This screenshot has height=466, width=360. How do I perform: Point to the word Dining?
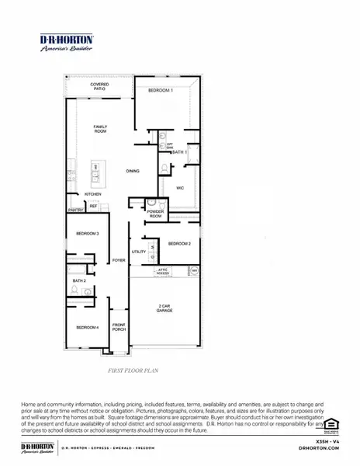pos(133,171)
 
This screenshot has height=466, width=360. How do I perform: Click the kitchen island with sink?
pos(97,172)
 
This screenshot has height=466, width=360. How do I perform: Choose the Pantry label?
pos(76,210)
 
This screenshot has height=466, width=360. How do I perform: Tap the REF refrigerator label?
pos(94,206)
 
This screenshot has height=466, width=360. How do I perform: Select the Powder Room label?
pos(156,214)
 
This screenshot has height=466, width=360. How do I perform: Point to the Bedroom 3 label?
pos(87,233)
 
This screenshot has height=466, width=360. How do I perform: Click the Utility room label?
pos(139,252)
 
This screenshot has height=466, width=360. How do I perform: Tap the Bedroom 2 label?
pos(179,243)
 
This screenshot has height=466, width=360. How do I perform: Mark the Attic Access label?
pos(163,272)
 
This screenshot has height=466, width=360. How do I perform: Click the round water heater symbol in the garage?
pos(195,270)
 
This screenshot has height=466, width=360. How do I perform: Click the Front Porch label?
pos(119,326)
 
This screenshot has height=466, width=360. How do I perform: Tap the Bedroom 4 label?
pos(87,328)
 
